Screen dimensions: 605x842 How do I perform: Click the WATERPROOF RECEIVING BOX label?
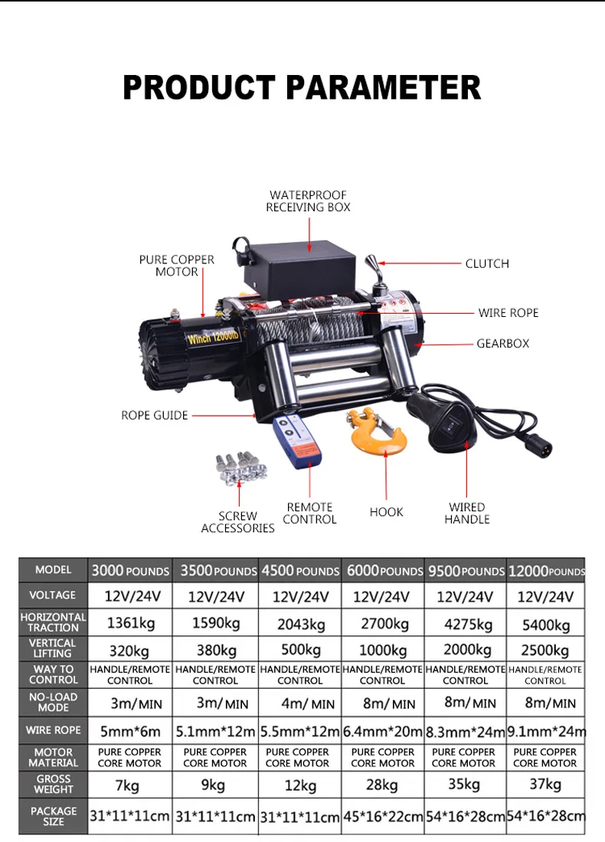[309, 201]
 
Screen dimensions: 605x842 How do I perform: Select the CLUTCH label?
[487, 264]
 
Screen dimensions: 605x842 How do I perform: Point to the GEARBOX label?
[503, 344]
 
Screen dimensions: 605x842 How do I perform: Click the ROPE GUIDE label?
[154, 416]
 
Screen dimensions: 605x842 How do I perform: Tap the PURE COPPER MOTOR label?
[177, 266]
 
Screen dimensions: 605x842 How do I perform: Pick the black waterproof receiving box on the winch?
[299, 264]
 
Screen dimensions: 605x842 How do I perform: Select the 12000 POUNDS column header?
[545, 571]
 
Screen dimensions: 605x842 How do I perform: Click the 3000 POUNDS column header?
[130, 571]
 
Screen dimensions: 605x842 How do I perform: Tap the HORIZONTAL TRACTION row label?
[54, 622]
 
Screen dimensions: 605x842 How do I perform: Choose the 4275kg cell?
[465, 624]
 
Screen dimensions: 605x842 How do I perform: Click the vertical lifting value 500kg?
[300, 651]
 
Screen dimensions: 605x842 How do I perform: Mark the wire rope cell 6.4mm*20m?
[383, 731]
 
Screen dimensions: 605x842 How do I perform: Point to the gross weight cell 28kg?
[382, 785]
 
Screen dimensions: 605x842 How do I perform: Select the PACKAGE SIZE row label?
[54, 816]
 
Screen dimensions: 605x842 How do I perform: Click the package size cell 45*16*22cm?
[383, 816]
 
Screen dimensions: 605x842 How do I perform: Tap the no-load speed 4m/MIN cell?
[300, 703]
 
